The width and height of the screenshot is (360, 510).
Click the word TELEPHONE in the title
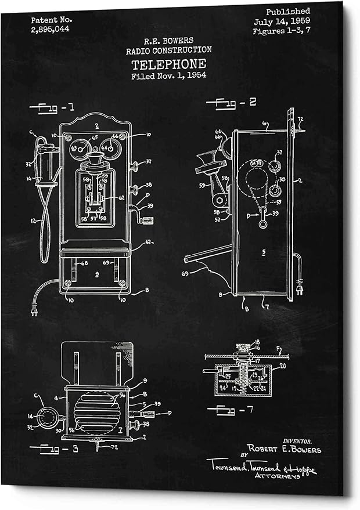(168, 64)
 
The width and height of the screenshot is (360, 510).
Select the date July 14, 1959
(282, 21)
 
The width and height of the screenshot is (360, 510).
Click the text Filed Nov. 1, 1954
(168, 75)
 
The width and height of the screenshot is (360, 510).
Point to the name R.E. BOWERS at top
(168, 41)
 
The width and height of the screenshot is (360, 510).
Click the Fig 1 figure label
(56, 107)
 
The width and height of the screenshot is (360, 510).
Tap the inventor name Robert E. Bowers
(285, 449)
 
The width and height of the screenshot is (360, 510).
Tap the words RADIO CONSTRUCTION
(168, 50)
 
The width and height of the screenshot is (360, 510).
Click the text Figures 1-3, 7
(281, 31)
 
